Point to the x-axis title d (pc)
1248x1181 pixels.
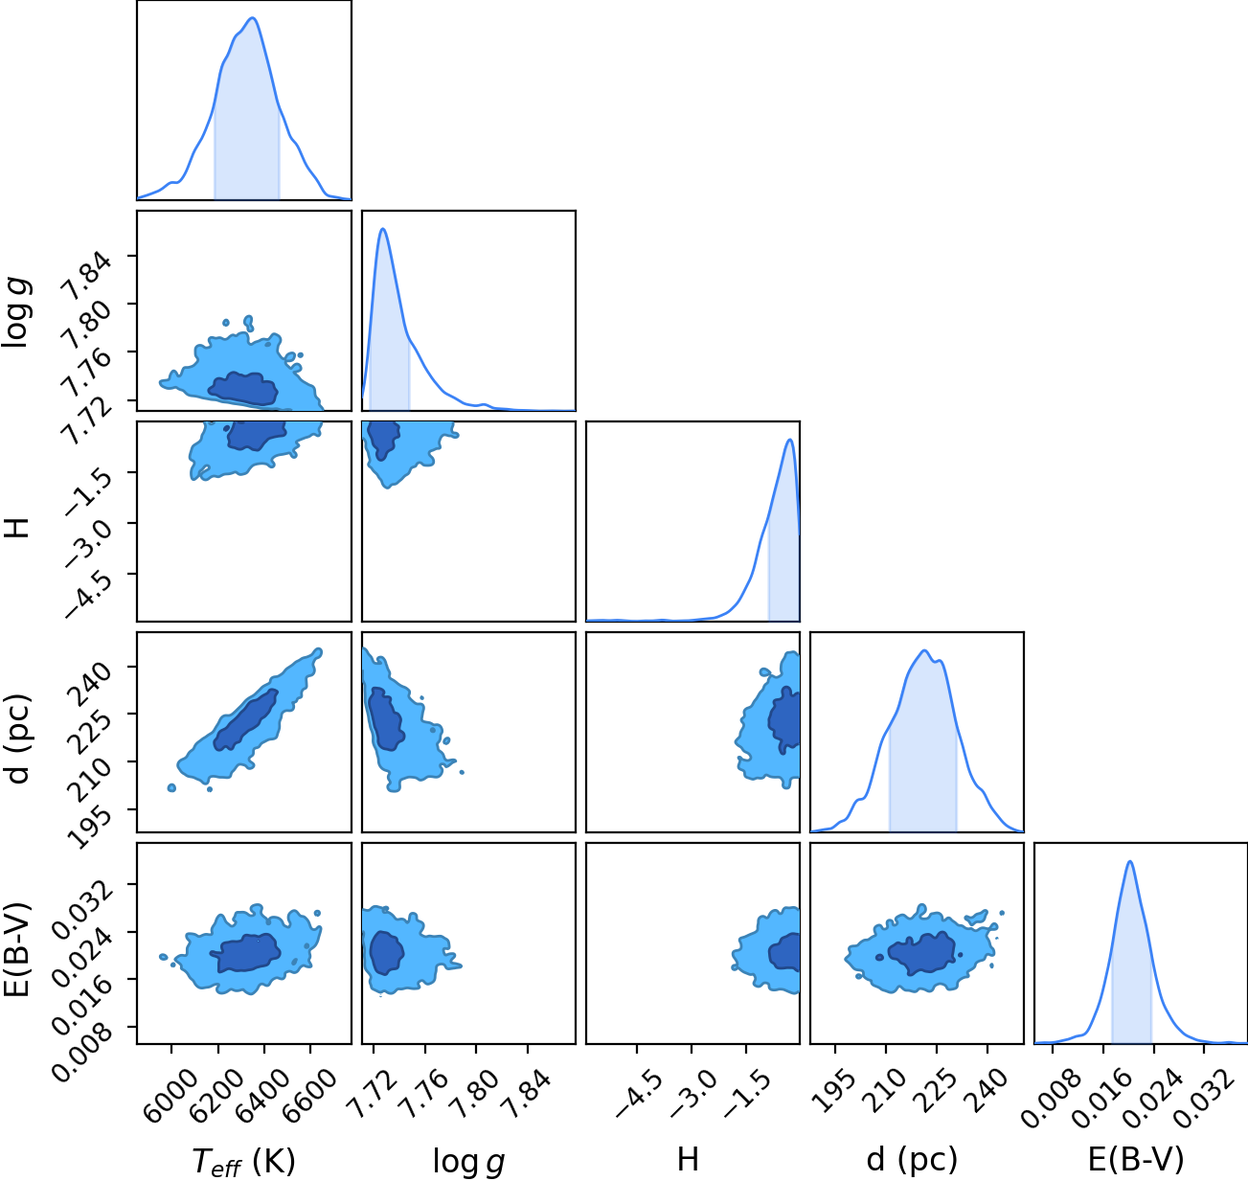(x=912, y=1158)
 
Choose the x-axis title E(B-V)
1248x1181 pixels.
(x=1136, y=1158)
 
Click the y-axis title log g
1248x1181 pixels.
(x=16, y=312)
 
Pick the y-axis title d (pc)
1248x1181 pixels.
(x=16, y=739)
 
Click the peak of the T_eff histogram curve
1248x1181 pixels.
(x=252, y=18)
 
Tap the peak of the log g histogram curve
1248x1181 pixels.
(x=383, y=229)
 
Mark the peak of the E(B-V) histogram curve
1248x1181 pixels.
(x=1130, y=862)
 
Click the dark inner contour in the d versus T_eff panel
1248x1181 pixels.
(x=245, y=720)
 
